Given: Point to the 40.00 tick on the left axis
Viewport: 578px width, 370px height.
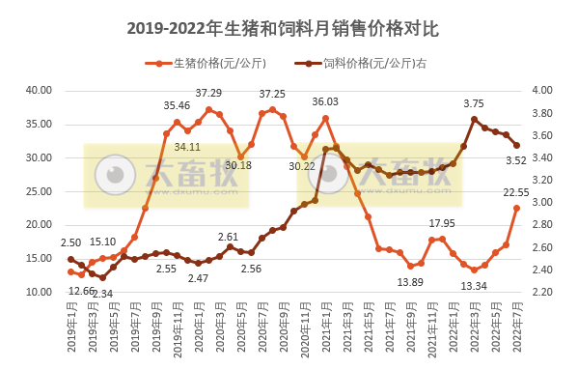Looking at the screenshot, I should pyautogui.click(x=39, y=90).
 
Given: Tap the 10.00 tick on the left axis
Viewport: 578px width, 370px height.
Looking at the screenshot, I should pyautogui.click(x=39, y=292).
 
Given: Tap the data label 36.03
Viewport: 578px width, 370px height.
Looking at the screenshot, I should pyautogui.click(x=325, y=101).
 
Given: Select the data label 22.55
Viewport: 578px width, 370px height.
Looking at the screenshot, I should pyautogui.click(x=515, y=192).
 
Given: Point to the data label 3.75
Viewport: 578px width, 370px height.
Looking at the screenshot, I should pyautogui.click(x=474, y=103).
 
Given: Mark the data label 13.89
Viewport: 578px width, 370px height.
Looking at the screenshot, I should pyautogui.click(x=410, y=281).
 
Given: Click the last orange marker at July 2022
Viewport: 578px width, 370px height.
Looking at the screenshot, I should pyautogui.click(x=516, y=208).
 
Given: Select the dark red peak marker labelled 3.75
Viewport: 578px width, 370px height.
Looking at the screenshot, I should pyautogui.click(x=474, y=120).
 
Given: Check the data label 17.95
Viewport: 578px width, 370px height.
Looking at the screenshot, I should pyautogui.click(x=442, y=223).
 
